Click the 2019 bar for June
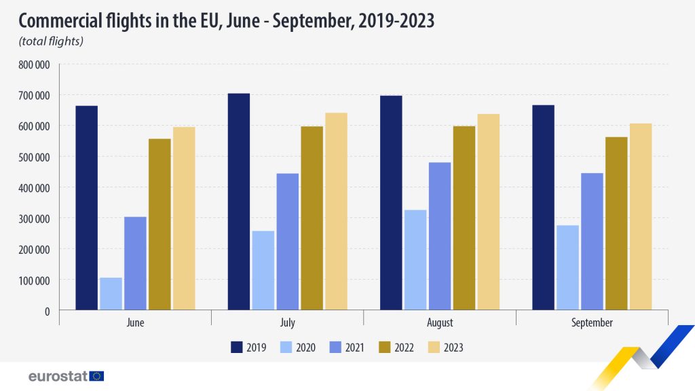click(86, 208)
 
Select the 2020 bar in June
click(111, 293)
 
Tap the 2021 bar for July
click(288, 242)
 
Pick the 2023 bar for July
click(337, 212)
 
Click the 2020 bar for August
click(415, 260)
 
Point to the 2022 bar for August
click(464, 218)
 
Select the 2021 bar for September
click(592, 241)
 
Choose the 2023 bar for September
click(641, 217)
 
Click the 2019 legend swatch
click(237, 347)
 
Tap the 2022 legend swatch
click(385, 347)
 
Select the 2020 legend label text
click(306, 348)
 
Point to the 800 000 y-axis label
click(34, 64)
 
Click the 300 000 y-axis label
click(34, 219)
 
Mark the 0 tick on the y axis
click(47, 312)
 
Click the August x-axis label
click(440, 322)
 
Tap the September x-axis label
click(592, 322)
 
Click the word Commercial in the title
click(60, 21)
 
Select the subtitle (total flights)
click(51, 41)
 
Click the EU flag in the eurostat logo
click(96, 376)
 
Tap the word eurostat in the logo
click(58, 376)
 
